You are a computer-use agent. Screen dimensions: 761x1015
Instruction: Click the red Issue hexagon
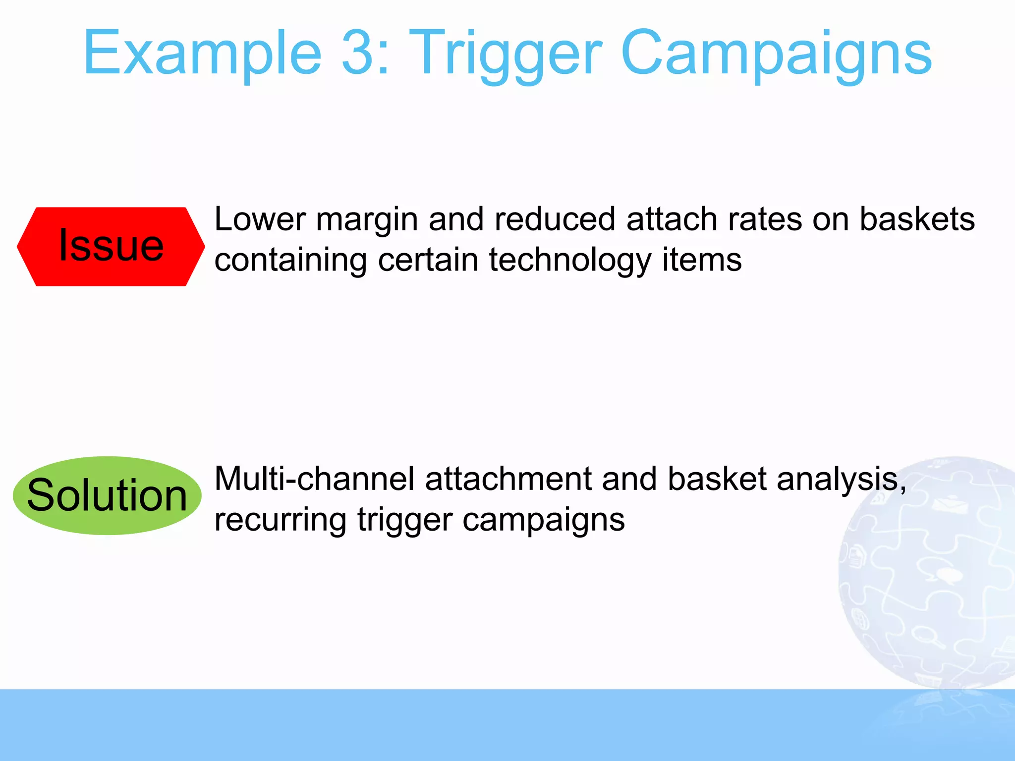tap(111, 246)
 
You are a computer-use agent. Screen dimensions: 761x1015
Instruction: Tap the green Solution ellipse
tap(107, 495)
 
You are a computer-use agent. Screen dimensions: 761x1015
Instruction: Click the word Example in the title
tap(203, 54)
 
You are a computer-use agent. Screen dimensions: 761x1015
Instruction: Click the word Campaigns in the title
tap(776, 54)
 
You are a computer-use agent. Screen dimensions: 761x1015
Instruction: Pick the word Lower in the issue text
tap(260, 219)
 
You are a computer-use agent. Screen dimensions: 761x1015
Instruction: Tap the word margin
tap(367, 220)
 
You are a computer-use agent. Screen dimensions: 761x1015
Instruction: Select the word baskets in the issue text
tap(916, 219)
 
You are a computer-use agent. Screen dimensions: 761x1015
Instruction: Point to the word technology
tap(570, 261)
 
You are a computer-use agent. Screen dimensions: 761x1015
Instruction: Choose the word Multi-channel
tap(314, 479)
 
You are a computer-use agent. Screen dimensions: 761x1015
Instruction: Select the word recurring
tap(280, 520)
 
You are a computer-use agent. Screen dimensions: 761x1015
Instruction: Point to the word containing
tap(290, 261)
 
